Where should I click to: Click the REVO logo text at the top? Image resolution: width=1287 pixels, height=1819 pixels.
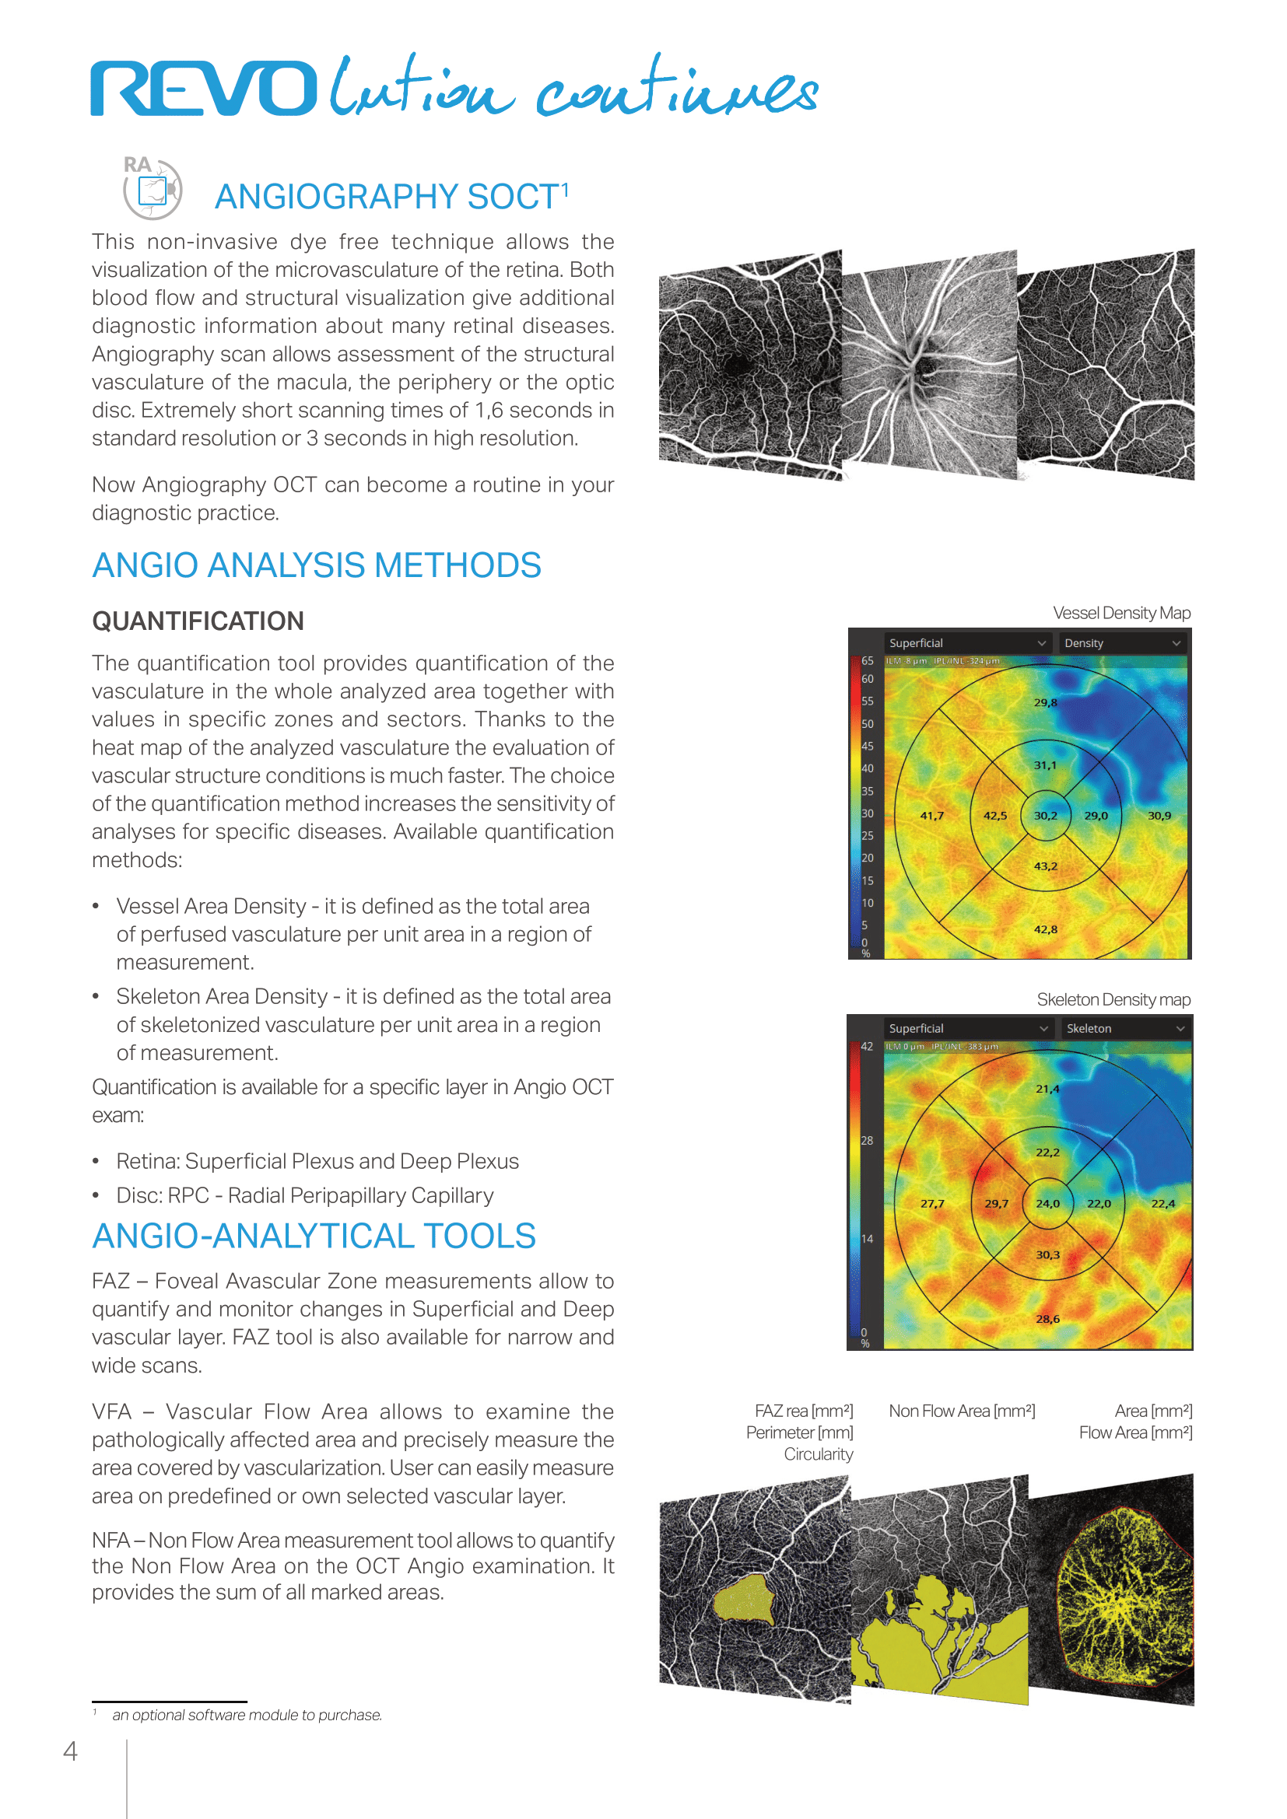[x=204, y=88]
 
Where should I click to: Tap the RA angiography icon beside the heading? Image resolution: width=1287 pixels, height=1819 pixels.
[x=153, y=188]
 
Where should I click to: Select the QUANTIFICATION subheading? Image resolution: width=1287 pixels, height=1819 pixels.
[x=198, y=621]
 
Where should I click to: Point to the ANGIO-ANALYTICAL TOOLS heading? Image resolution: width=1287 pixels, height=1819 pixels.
[x=314, y=1237]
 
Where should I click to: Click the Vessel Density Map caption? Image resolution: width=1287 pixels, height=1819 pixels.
[x=1120, y=613]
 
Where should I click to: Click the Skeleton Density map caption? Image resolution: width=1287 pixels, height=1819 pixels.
[x=1113, y=1000]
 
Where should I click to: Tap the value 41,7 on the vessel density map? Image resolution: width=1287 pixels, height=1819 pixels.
[x=931, y=815]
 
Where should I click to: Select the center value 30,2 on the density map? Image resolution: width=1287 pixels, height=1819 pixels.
[x=1045, y=815]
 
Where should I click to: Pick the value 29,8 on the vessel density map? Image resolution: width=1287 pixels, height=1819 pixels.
[x=1045, y=703]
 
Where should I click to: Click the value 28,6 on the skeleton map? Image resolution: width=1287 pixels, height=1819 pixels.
[x=1047, y=1319]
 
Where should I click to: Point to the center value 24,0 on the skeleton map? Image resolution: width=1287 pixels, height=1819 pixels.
[x=1047, y=1203]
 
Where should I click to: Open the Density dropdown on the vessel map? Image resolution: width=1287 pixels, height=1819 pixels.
[x=1121, y=643]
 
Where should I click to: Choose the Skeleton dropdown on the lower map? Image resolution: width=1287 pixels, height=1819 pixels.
[x=1124, y=1028]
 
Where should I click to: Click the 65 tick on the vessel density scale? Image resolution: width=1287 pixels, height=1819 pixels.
[x=868, y=661]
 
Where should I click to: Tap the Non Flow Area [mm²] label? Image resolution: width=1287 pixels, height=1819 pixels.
[x=961, y=1411]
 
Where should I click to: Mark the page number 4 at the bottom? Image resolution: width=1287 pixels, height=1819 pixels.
[x=71, y=1751]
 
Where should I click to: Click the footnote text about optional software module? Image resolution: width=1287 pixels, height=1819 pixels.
[x=247, y=1716]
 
